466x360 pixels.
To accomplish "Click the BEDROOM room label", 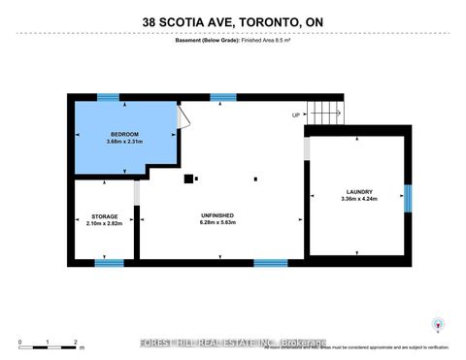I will click(x=125, y=133).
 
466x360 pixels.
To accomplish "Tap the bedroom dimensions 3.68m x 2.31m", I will click(x=125, y=142).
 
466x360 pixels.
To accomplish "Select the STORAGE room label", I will click(x=105, y=216).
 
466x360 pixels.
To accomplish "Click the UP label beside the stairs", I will click(x=295, y=115).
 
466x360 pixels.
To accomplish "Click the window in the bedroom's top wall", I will click(x=108, y=97).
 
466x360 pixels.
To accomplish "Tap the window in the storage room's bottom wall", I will click(x=109, y=263).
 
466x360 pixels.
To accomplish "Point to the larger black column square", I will click(x=189, y=178).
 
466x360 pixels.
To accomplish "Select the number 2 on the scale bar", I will click(x=76, y=342).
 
